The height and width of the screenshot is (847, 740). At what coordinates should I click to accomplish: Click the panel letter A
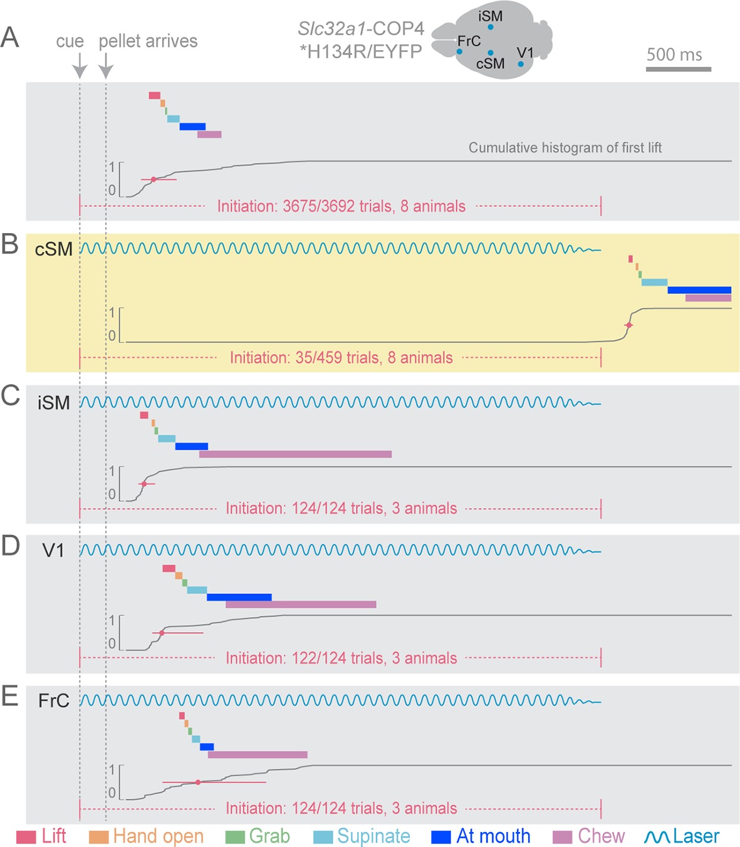pos(10,38)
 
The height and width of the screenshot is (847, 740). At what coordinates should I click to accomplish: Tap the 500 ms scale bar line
pos(679,69)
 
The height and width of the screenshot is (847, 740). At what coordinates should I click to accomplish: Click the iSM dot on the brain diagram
pos(491,27)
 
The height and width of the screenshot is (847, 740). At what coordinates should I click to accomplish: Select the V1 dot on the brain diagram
pos(521,64)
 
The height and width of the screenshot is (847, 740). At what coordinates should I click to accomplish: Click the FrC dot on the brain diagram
pos(459,52)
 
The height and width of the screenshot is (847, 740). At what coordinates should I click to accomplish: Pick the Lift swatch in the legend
pos(26,837)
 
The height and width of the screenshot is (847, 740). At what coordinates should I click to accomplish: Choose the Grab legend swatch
pos(235,837)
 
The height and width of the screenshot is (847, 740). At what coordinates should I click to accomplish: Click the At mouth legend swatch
pos(441,837)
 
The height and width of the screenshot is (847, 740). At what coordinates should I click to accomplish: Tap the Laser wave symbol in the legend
pos(657,837)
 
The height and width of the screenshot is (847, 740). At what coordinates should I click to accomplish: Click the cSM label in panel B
pos(54,249)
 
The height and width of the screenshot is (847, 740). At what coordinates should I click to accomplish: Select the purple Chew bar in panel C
pos(295,454)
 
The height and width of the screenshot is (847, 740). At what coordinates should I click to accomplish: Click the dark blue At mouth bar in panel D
pos(239,597)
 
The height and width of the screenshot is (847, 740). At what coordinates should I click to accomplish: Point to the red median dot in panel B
pos(629,325)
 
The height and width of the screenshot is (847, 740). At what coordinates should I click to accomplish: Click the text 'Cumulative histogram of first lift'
pos(565,148)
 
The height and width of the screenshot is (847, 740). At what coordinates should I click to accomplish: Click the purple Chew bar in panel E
pos(258,755)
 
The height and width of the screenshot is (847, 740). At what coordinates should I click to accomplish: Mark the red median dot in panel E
pos(198,782)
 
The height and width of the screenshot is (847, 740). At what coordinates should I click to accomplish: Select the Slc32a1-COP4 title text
pos(361,29)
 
